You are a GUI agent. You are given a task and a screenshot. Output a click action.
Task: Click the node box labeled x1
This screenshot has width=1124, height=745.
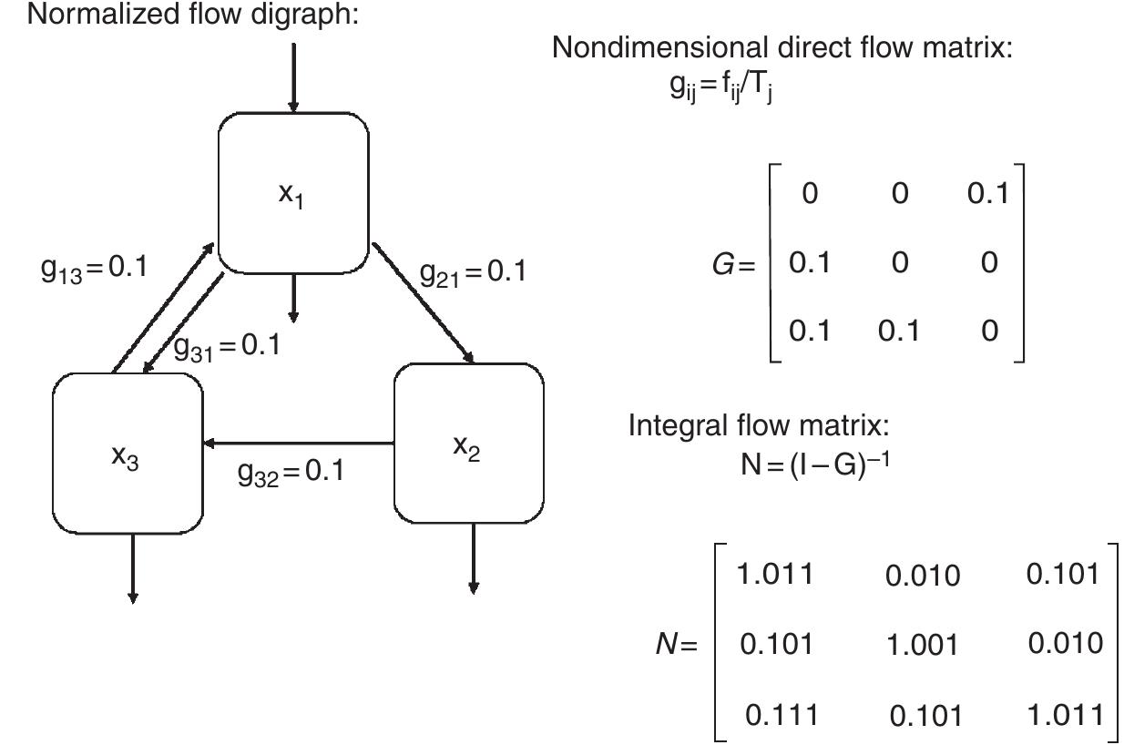click(x=293, y=193)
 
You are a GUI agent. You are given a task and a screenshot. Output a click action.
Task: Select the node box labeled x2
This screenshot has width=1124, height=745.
click(x=468, y=444)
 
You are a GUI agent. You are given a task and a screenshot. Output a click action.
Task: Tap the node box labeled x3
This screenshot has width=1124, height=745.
click(x=127, y=453)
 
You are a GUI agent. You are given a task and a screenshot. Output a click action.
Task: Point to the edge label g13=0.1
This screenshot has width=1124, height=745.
click(x=94, y=270)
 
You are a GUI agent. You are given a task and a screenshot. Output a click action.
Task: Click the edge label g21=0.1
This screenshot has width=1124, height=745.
click(x=472, y=271)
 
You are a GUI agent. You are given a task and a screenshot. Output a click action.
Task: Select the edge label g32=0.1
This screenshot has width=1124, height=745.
click(x=291, y=472)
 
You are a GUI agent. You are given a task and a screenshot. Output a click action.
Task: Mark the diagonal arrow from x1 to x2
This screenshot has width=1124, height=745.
click(x=424, y=303)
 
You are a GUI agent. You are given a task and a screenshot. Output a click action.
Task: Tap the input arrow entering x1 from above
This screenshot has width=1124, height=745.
click(x=293, y=77)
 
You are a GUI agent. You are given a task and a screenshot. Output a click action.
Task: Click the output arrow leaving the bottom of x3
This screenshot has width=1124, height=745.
click(x=133, y=566)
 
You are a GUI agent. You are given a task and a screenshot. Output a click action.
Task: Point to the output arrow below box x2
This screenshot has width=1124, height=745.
click(x=472, y=557)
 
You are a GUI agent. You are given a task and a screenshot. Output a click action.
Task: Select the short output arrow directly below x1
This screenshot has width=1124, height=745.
click(x=292, y=297)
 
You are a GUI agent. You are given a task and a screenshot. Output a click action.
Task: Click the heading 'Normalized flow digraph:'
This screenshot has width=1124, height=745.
click(x=192, y=15)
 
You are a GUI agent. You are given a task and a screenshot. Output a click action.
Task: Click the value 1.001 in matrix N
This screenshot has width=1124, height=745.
click(x=922, y=645)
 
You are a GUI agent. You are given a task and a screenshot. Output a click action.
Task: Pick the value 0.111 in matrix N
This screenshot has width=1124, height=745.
click(x=782, y=715)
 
